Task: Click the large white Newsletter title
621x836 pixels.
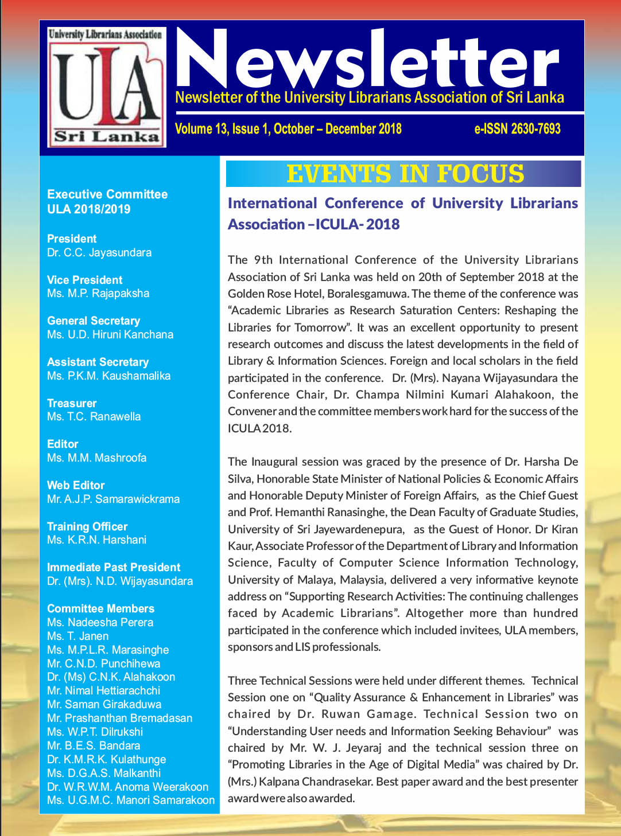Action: [367, 61]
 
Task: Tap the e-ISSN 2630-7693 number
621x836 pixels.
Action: [517, 129]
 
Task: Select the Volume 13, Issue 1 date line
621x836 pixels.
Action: [288, 129]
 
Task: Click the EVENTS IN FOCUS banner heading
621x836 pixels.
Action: [405, 174]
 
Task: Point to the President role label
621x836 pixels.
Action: [72, 239]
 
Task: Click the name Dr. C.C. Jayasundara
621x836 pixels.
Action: [99, 252]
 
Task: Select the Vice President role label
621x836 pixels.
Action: [84, 280]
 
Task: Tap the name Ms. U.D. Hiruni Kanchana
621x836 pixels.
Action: [110, 334]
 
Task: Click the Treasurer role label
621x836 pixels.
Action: [72, 403]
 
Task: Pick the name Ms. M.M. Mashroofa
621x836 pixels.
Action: [96, 458]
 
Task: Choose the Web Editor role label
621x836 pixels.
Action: [76, 485]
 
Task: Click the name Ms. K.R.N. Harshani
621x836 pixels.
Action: [96, 540]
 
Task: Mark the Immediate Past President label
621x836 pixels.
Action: [114, 567]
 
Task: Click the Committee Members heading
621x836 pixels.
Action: [100, 608]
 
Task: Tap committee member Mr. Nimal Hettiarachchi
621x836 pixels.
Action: [103, 690]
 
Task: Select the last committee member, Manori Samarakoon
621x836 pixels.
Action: [131, 800]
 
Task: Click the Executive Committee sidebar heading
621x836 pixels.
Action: [107, 194]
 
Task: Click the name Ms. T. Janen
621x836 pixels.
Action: [77, 636]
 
